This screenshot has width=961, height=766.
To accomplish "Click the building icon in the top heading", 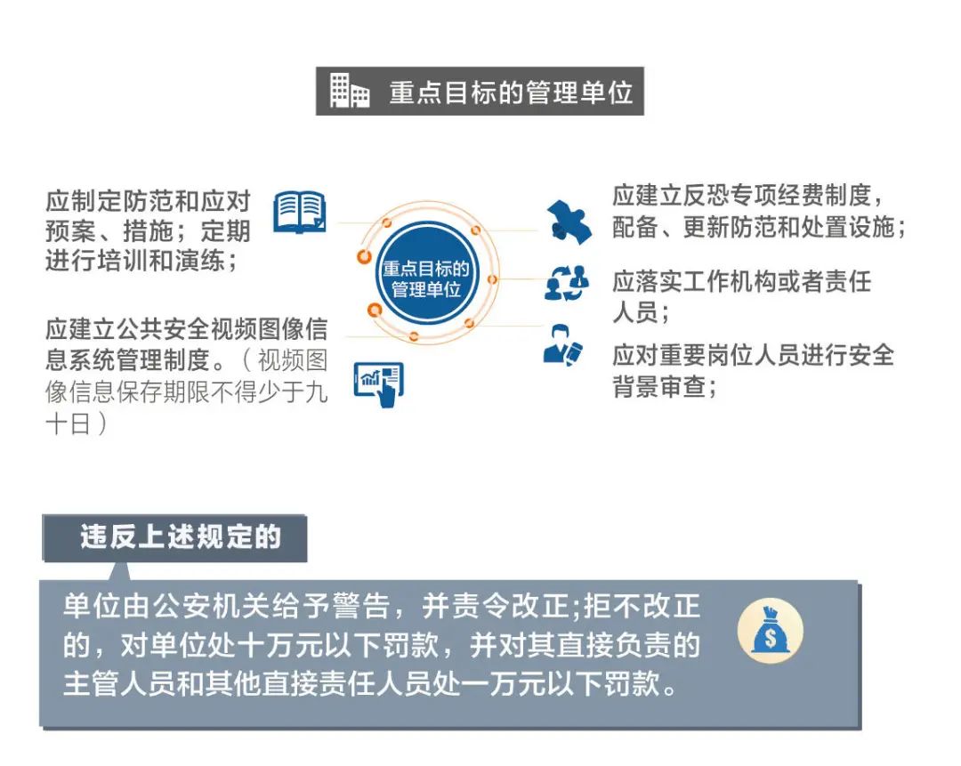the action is [x=350, y=91].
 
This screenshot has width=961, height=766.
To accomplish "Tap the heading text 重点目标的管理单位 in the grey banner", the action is [x=511, y=93].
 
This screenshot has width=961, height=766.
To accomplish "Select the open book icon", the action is [x=300, y=212].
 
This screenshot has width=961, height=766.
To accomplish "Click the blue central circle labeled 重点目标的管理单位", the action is [x=426, y=278].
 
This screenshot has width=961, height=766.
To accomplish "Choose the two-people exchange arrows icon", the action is [x=567, y=284].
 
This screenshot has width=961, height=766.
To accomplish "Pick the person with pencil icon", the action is [x=562, y=345].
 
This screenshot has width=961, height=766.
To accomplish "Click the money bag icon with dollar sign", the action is [x=770, y=631].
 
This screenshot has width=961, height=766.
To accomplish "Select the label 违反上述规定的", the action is [x=180, y=536].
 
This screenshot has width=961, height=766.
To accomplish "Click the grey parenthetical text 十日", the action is [x=68, y=424].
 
